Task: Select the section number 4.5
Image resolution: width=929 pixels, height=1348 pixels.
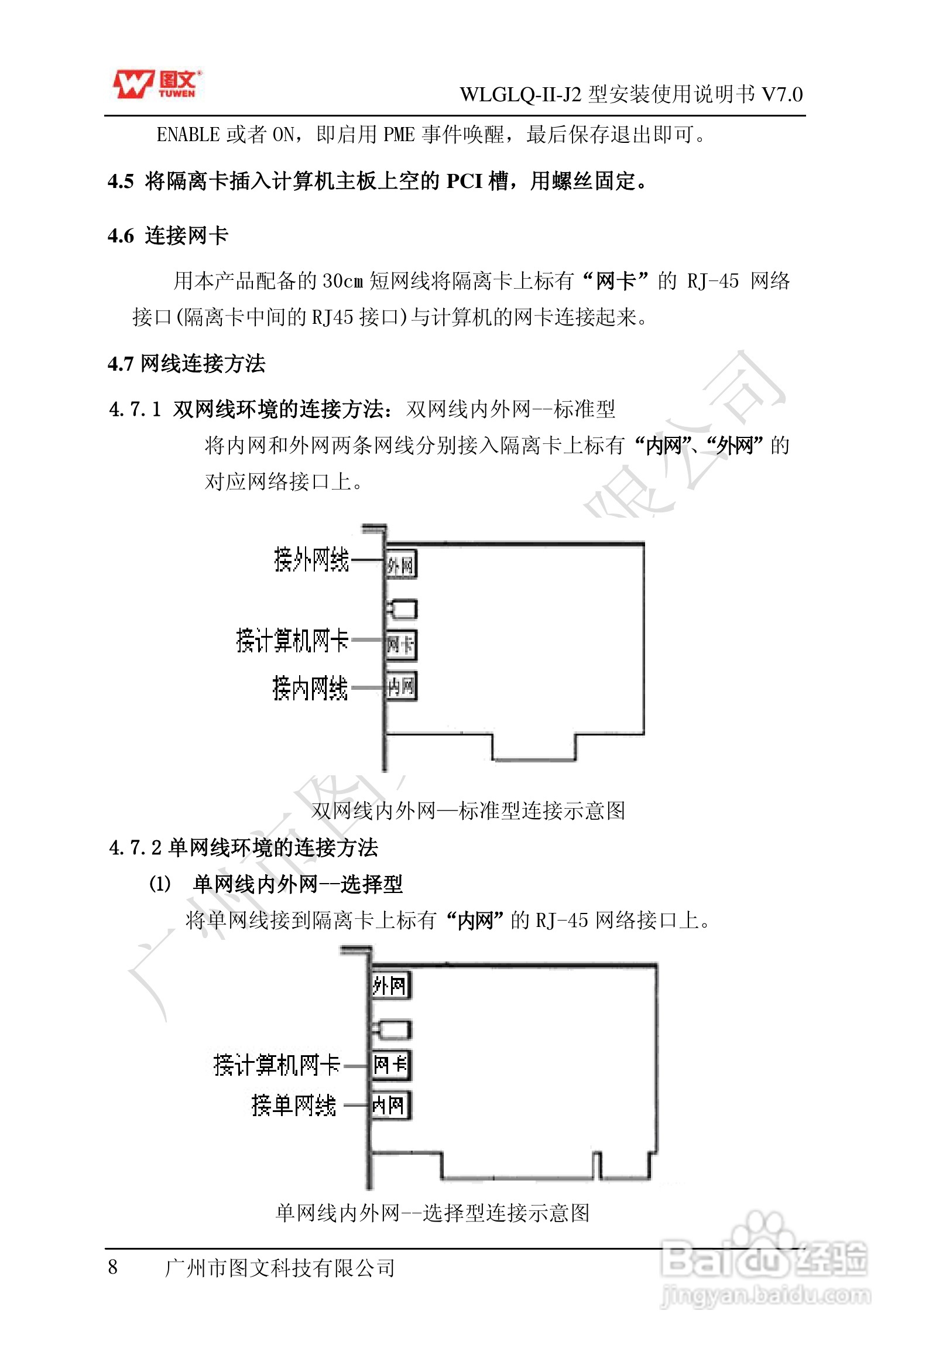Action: tap(121, 182)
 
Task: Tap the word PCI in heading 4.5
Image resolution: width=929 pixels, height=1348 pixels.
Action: tap(464, 182)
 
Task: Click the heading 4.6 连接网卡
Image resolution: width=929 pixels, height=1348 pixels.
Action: tap(168, 236)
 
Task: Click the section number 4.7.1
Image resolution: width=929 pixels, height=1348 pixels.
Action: tap(135, 409)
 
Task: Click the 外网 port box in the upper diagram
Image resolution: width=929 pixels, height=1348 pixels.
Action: tap(401, 565)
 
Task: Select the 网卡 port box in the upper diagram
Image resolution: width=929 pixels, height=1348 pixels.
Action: tap(401, 645)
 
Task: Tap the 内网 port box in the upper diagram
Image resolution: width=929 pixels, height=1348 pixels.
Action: tap(401, 686)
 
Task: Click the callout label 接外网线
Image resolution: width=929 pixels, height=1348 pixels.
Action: tap(311, 560)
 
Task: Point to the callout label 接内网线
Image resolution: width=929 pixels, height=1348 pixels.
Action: tap(310, 688)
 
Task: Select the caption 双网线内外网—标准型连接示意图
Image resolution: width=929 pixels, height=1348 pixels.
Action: tap(468, 810)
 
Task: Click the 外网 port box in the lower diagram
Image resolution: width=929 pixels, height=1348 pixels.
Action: tap(390, 986)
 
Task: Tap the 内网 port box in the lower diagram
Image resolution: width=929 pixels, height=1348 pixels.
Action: tap(390, 1106)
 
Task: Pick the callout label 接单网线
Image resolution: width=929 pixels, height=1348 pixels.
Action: tap(294, 1106)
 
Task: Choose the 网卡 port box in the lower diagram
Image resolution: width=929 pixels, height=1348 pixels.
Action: tap(391, 1065)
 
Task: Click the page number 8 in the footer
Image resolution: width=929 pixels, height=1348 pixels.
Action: tap(113, 1267)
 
